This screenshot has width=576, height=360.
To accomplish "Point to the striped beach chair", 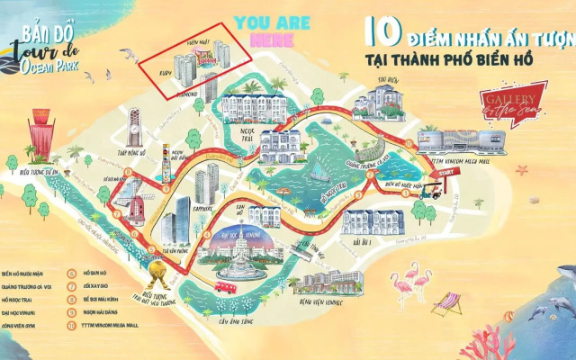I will pos(445,304).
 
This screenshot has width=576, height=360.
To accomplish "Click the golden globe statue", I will pos(158,270).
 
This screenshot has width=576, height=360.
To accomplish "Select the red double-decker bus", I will pos(225,286).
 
